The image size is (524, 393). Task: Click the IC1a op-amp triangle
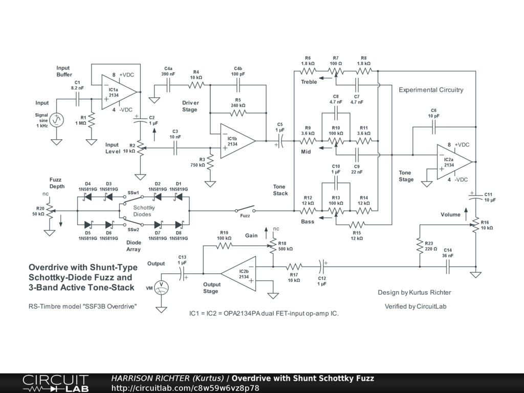[x=119, y=92]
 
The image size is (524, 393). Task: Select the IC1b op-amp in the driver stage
[x=237, y=141]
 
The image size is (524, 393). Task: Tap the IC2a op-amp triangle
[x=454, y=162]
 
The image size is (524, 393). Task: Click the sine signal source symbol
[x=56, y=120]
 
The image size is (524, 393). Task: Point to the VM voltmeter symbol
[x=161, y=288]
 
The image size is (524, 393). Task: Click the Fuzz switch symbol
[x=245, y=209]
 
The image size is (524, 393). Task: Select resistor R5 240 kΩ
[x=238, y=113]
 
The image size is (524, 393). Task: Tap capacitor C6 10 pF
[x=434, y=127]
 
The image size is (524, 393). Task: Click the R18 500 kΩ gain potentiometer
[x=273, y=246]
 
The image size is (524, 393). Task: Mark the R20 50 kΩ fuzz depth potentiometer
[x=50, y=210]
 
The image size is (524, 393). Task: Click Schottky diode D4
[x=88, y=197]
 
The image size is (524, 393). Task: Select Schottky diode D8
[x=179, y=225]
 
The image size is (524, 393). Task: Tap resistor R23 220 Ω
[x=420, y=246]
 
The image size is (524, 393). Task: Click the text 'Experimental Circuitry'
[x=431, y=90]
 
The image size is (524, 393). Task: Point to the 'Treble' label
[x=309, y=82]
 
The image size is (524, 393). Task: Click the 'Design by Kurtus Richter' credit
[x=414, y=292]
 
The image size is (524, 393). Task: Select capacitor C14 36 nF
[x=448, y=267]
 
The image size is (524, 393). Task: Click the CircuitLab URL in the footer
[x=185, y=388]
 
